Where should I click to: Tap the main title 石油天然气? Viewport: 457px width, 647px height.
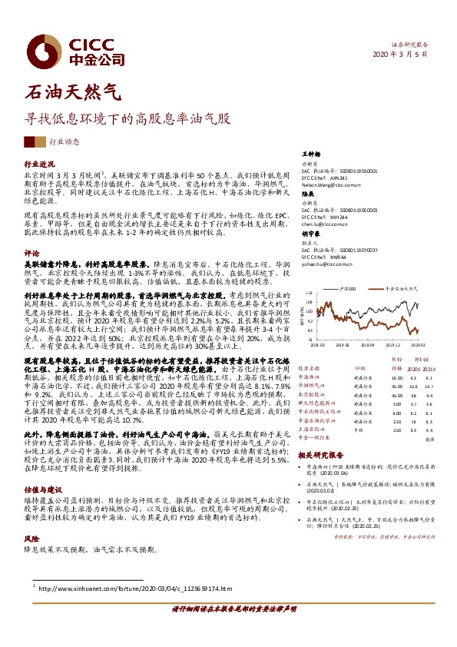73,94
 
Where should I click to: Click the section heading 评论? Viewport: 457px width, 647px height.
31,252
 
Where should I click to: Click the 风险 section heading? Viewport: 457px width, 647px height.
31,539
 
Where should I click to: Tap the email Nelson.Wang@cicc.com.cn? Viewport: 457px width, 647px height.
329,185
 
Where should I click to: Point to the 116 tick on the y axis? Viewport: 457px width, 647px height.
308,292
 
